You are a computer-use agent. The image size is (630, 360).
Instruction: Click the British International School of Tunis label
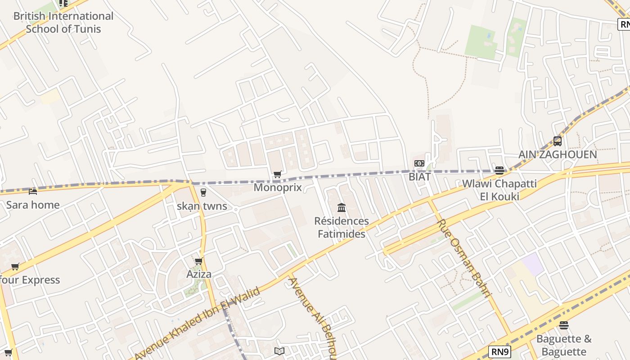click(x=63, y=22)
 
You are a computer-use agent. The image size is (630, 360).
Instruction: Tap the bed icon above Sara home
click(x=33, y=191)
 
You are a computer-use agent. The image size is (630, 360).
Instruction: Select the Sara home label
click(x=33, y=205)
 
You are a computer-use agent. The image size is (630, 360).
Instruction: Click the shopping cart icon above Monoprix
click(x=278, y=174)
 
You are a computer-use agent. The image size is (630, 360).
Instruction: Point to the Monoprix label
click(x=278, y=187)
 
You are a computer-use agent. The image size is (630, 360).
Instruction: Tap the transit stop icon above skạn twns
click(x=203, y=193)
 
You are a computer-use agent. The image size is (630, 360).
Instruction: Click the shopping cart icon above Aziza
click(x=198, y=261)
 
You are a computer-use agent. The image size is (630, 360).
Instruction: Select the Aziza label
click(x=199, y=274)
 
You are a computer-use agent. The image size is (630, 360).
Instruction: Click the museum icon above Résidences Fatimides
click(x=342, y=207)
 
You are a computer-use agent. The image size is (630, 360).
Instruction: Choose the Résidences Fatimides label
click(x=342, y=227)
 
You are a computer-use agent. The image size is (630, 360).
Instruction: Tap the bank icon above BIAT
click(x=419, y=163)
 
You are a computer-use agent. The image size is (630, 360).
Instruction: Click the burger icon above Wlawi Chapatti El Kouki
click(x=499, y=170)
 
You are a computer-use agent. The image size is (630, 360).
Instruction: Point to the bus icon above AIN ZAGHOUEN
click(x=557, y=141)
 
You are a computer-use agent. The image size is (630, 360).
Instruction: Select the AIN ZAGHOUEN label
click(x=558, y=154)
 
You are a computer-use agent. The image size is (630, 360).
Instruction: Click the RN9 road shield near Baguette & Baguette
click(x=499, y=351)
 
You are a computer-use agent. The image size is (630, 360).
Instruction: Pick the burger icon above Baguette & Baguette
click(x=564, y=325)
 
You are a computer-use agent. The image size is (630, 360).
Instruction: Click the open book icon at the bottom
click(x=279, y=351)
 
